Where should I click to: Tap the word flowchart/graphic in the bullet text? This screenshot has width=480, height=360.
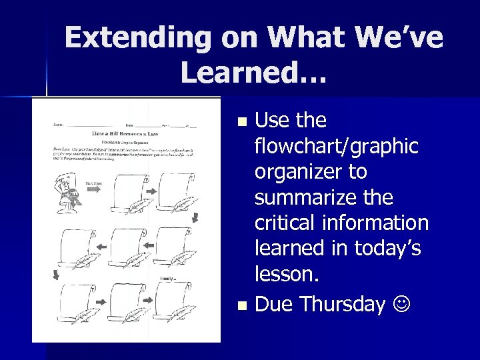coord(337,146)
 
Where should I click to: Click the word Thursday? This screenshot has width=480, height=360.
coord(343,304)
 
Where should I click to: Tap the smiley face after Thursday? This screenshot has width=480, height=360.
coord(401,305)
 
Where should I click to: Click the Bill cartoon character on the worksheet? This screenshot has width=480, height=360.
coord(69,191)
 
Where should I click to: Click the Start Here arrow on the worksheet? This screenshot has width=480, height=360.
coord(93,189)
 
